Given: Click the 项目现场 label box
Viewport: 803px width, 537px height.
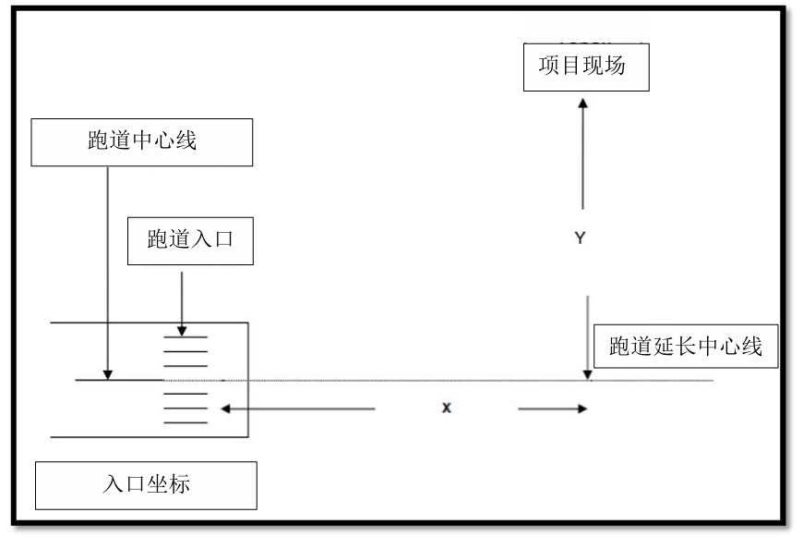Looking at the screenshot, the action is pyautogui.click(x=586, y=67).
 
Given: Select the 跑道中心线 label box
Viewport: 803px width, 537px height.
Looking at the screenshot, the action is pyautogui.click(x=142, y=142).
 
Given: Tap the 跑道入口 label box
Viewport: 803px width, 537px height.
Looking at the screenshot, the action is pyautogui.click(x=190, y=241).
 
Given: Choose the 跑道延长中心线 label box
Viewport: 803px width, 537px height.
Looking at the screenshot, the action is pyautogui.click(x=686, y=347).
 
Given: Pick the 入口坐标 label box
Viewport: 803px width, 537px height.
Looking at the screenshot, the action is pyautogui.click(x=146, y=485).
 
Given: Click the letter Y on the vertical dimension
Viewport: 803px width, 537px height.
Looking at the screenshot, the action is pyautogui.click(x=580, y=238).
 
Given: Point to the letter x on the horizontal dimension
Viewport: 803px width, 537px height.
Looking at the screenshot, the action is pyautogui.click(x=447, y=408).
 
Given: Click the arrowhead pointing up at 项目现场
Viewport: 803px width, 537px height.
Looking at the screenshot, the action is pyautogui.click(x=582, y=104).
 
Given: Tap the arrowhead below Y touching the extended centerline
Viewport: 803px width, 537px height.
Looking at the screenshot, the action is pyautogui.click(x=587, y=375).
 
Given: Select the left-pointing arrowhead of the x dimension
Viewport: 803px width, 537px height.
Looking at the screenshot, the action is pyautogui.click(x=225, y=409).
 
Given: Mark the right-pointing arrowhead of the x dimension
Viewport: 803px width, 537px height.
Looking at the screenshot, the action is pyautogui.click(x=582, y=409).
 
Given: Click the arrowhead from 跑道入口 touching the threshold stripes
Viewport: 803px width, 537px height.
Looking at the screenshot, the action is pyautogui.click(x=182, y=331).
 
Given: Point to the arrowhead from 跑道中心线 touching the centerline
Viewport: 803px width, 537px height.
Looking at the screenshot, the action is pyautogui.click(x=108, y=375).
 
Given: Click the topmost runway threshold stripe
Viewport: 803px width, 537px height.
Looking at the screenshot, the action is pyautogui.click(x=186, y=337).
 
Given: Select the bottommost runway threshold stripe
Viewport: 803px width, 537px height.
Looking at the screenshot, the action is pyautogui.click(x=186, y=422).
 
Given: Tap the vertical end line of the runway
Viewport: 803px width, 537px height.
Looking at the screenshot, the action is pyautogui.click(x=248, y=380).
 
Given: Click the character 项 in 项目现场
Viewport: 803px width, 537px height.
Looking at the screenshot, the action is pyautogui.click(x=548, y=66).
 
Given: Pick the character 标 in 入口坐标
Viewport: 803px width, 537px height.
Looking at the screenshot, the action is pyautogui.click(x=180, y=483).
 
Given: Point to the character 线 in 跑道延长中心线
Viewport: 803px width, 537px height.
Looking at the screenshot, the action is pyautogui.click(x=752, y=347).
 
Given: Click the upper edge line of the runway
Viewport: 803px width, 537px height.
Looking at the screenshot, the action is pyautogui.click(x=149, y=323).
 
